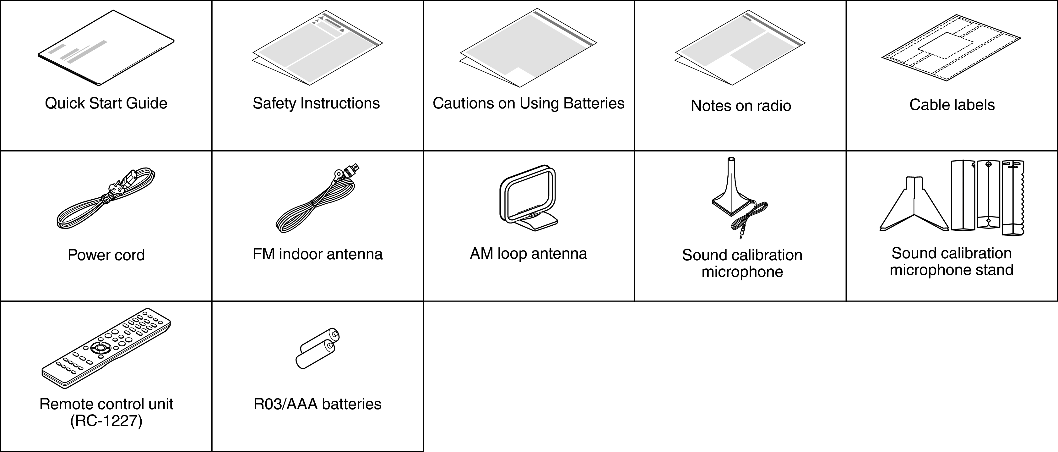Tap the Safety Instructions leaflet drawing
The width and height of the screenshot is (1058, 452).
point(317,48)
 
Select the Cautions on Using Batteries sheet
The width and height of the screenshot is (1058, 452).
point(528,48)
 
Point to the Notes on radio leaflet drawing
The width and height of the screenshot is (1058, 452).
point(740,48)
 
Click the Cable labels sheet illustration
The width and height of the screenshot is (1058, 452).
point(951,48)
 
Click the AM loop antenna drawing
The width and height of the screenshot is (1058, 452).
point(528,198)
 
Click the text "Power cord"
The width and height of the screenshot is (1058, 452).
point(106,255)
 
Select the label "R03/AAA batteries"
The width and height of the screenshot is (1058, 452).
point(317,404)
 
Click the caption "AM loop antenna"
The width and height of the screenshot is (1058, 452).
point(529,254)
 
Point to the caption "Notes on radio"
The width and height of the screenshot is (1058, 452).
point(741,106)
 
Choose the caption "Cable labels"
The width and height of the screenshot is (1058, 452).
point(952,105)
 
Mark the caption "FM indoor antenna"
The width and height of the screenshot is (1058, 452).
point(317,254)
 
